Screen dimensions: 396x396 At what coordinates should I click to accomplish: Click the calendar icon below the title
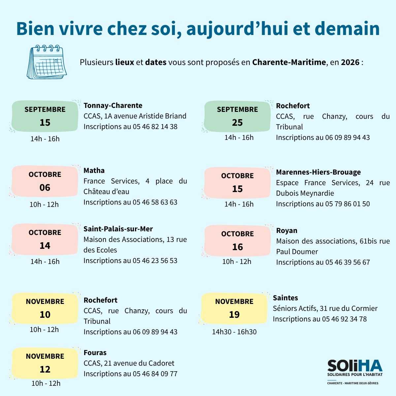tap(47, 62)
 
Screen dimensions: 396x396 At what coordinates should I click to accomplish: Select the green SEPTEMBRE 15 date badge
tap(45, 116)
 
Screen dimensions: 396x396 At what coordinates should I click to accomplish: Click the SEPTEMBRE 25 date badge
tap(237, 116)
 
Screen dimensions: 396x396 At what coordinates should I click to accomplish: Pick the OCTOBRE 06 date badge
tap(45, 181)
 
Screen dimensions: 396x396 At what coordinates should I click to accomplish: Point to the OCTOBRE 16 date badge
tap(237, 241)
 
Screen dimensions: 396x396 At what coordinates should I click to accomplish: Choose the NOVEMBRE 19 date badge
tap(234, 308)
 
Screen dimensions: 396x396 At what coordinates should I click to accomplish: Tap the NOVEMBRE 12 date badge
tap(45, 363)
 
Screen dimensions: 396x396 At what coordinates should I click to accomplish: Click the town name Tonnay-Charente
tap(113, 106)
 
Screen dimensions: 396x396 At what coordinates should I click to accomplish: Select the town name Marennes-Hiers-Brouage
tap(318, 172)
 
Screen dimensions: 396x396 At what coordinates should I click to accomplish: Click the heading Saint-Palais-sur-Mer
tap(118, 229)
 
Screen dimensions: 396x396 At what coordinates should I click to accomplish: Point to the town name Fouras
tap(95, 353)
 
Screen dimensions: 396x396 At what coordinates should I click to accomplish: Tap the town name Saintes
tap(285, 298)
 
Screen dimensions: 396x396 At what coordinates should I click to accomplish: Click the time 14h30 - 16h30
tap(234, 332)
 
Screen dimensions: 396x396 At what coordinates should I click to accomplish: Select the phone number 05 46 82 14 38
tap(155, 127)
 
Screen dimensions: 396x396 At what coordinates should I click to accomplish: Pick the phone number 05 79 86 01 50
tap(347, 204)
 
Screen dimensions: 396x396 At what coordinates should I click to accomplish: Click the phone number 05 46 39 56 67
tap(347, 262)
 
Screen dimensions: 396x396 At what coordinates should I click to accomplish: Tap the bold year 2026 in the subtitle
tap(350, 62)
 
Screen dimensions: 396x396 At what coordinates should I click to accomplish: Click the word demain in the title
tap(347, 29)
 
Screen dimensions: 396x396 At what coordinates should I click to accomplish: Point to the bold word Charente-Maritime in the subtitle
tap(289, 62)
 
